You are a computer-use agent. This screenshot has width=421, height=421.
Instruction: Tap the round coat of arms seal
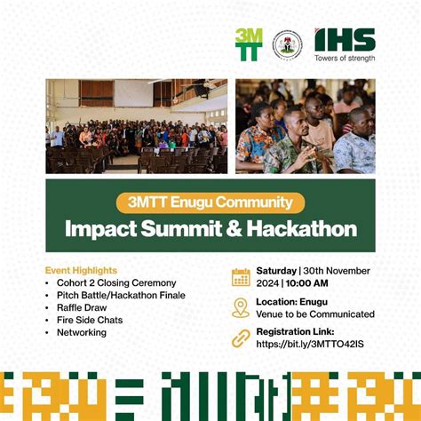(x=287, y=44)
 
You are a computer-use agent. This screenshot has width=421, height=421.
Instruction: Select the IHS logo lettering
(x=345, y=39)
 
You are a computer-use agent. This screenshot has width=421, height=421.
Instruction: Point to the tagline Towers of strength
(x=345, y=59)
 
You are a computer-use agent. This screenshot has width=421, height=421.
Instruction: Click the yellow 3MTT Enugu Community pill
(x=210, y=203)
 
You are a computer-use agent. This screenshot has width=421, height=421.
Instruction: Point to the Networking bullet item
(x=81, y=332)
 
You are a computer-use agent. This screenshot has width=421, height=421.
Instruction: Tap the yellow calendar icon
(x=241, y=276)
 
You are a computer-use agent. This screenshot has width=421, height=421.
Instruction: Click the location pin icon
(x=241, y=307)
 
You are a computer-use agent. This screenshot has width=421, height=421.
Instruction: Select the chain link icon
(x=241, y=338)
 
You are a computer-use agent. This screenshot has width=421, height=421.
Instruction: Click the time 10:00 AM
(x=309, y=282)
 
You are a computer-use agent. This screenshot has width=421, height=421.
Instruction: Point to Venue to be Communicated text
(x=315, y=314)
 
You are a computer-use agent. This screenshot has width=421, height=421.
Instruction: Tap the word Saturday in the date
(x=277, y=270)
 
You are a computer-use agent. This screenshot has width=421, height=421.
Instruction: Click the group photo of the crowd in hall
(x=137, y=126)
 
